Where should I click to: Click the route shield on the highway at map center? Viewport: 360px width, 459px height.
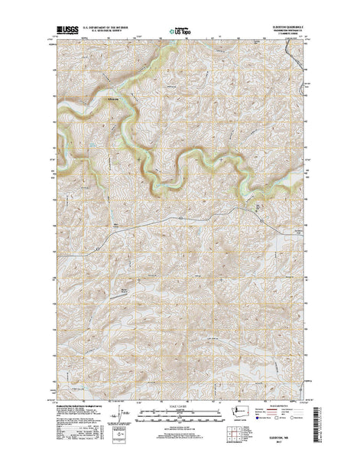(x=177, y=216)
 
